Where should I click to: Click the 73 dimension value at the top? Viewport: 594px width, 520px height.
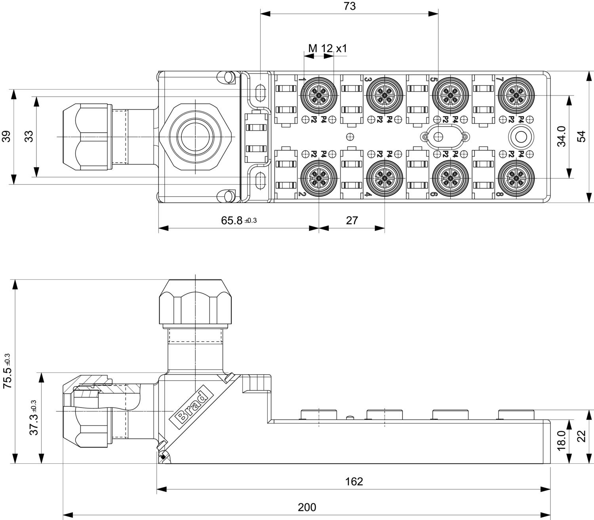[x=350, y=6]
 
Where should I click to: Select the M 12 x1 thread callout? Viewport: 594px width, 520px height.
[x=327, y=49]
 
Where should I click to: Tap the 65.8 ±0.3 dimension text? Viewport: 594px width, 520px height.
[x=238, y=221]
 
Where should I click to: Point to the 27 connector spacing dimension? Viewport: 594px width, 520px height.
[x=352, y=221]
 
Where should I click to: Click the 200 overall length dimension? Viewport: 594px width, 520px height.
[x=307, y=507]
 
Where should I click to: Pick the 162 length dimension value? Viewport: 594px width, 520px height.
[x=354, y=481]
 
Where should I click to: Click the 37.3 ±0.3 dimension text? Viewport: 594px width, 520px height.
[x=34, y=418]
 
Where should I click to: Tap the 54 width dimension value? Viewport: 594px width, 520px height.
[x=581, y=137]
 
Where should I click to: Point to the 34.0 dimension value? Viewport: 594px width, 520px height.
[x=562, y=137]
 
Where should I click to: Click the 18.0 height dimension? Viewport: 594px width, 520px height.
[x=562, y=441]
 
